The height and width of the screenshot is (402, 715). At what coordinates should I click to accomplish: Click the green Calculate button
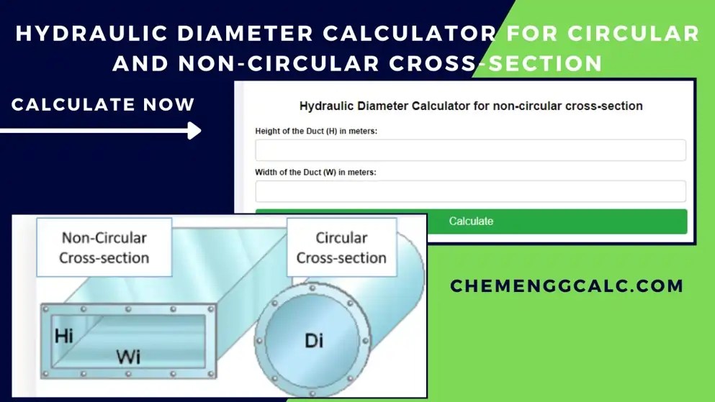[471, 221]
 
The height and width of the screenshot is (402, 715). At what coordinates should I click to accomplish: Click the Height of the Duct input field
[470, 150]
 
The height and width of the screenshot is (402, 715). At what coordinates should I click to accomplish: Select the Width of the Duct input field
[470, 191]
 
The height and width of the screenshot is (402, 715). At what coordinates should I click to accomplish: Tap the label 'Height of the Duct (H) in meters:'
[317, 131]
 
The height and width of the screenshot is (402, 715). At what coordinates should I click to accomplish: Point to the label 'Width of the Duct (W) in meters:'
[315, 173]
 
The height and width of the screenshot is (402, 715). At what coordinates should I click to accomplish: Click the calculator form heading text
[471, 106]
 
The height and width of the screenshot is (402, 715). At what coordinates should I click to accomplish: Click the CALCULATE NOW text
[103, 105]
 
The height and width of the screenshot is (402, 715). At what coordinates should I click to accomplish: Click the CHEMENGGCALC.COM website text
[567, 286]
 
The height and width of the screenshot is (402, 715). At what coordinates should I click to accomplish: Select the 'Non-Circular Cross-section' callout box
[104, 247]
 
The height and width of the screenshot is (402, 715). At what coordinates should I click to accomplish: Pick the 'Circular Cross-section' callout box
[341, 247]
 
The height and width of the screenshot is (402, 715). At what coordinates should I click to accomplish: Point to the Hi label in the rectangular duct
[64, 336]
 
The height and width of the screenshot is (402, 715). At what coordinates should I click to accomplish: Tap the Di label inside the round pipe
[314, 339]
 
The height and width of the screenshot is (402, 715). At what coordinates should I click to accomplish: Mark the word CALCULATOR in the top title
[415, 34]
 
